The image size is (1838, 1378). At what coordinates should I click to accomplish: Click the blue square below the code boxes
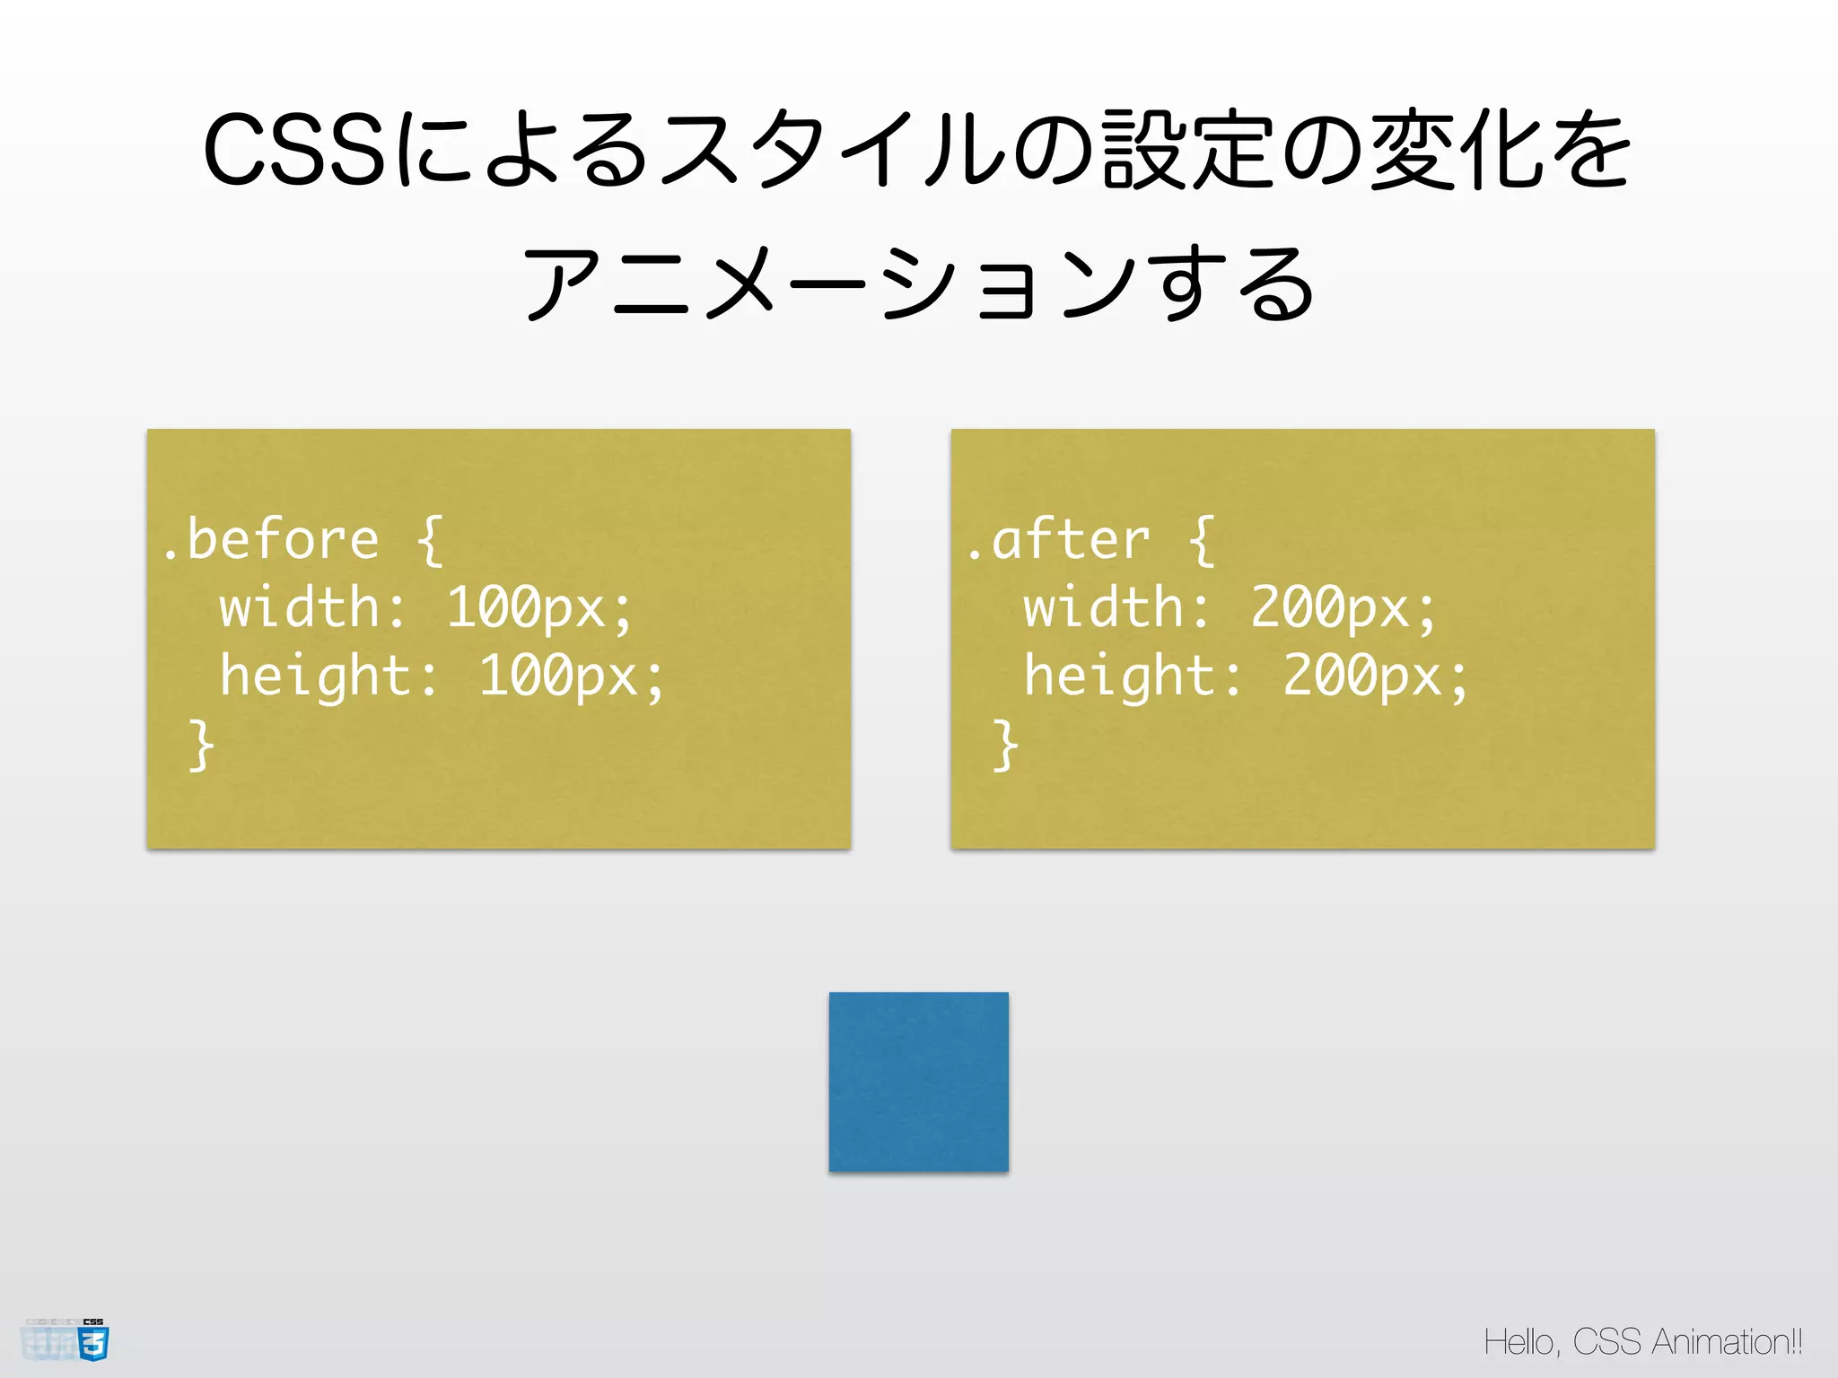(x=918, y=1081)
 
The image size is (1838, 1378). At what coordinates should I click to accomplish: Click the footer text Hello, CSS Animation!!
(x=1642, y=1342)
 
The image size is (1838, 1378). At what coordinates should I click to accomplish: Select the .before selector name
(x=270, y=540)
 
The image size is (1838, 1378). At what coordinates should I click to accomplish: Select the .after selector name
(x=1059, y=540)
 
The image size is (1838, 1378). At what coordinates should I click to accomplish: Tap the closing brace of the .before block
(x=201, y=745)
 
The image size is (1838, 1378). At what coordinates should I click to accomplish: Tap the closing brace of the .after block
(x=1005, y=745)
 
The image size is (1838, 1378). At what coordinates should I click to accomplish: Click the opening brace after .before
(x=430, y=540)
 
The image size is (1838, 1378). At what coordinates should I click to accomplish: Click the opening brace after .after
(x=1201, y=540)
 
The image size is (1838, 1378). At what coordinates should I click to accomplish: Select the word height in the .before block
(x=316, y=676)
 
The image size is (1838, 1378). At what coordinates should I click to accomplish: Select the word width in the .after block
(x=1104, y=608)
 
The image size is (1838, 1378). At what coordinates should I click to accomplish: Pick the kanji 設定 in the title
(x=1189, y=151)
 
